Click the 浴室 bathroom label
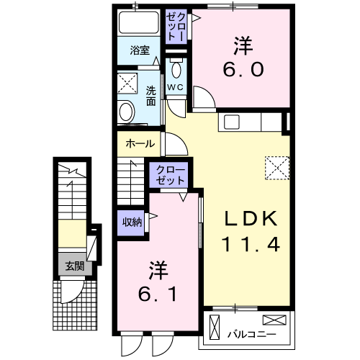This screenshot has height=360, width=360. click(x=140, y=51)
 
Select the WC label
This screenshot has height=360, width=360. click(x=176, y=88)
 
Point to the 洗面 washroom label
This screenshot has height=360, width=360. click(x=151, y=96)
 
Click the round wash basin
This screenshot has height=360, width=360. click(x=127, y=112)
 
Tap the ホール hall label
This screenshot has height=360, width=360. click(x=140, y=144)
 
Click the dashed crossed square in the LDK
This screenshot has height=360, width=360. click(x=276, y=168)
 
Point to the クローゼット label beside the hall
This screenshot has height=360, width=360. click(x=170, y=174)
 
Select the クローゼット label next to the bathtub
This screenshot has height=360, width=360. click(x=177, y=27)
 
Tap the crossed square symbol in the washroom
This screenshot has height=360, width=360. click(x=130, y=85)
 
